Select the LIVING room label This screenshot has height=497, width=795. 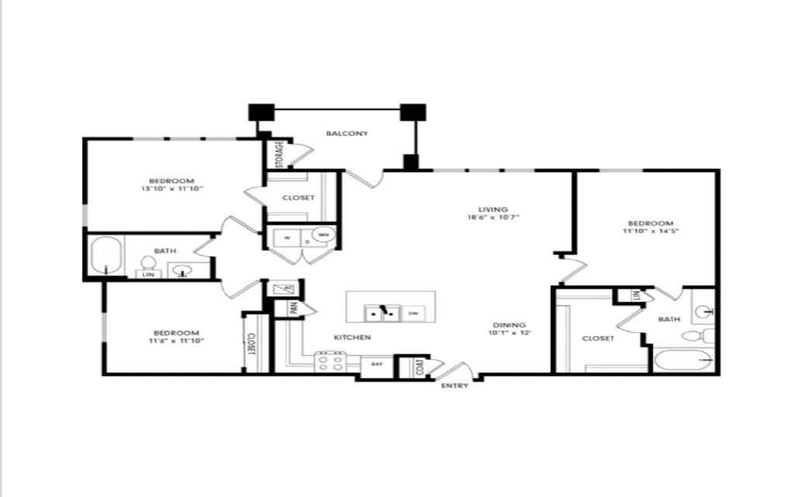click(x=493, y=209)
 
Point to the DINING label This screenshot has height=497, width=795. click(x=509, y=325)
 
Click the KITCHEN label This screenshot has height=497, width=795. click(x=352, y=338)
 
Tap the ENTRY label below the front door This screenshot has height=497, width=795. click(x=455, y=387)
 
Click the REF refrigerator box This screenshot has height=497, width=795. click(x=377, y=363)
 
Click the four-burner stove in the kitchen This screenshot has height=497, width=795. click(x=330, y=363)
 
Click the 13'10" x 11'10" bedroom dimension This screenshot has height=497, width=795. click(x=172, y=189)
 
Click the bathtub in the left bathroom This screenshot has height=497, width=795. click(x=108, y=256)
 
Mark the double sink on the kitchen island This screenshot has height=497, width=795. click(x=383, y=314)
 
